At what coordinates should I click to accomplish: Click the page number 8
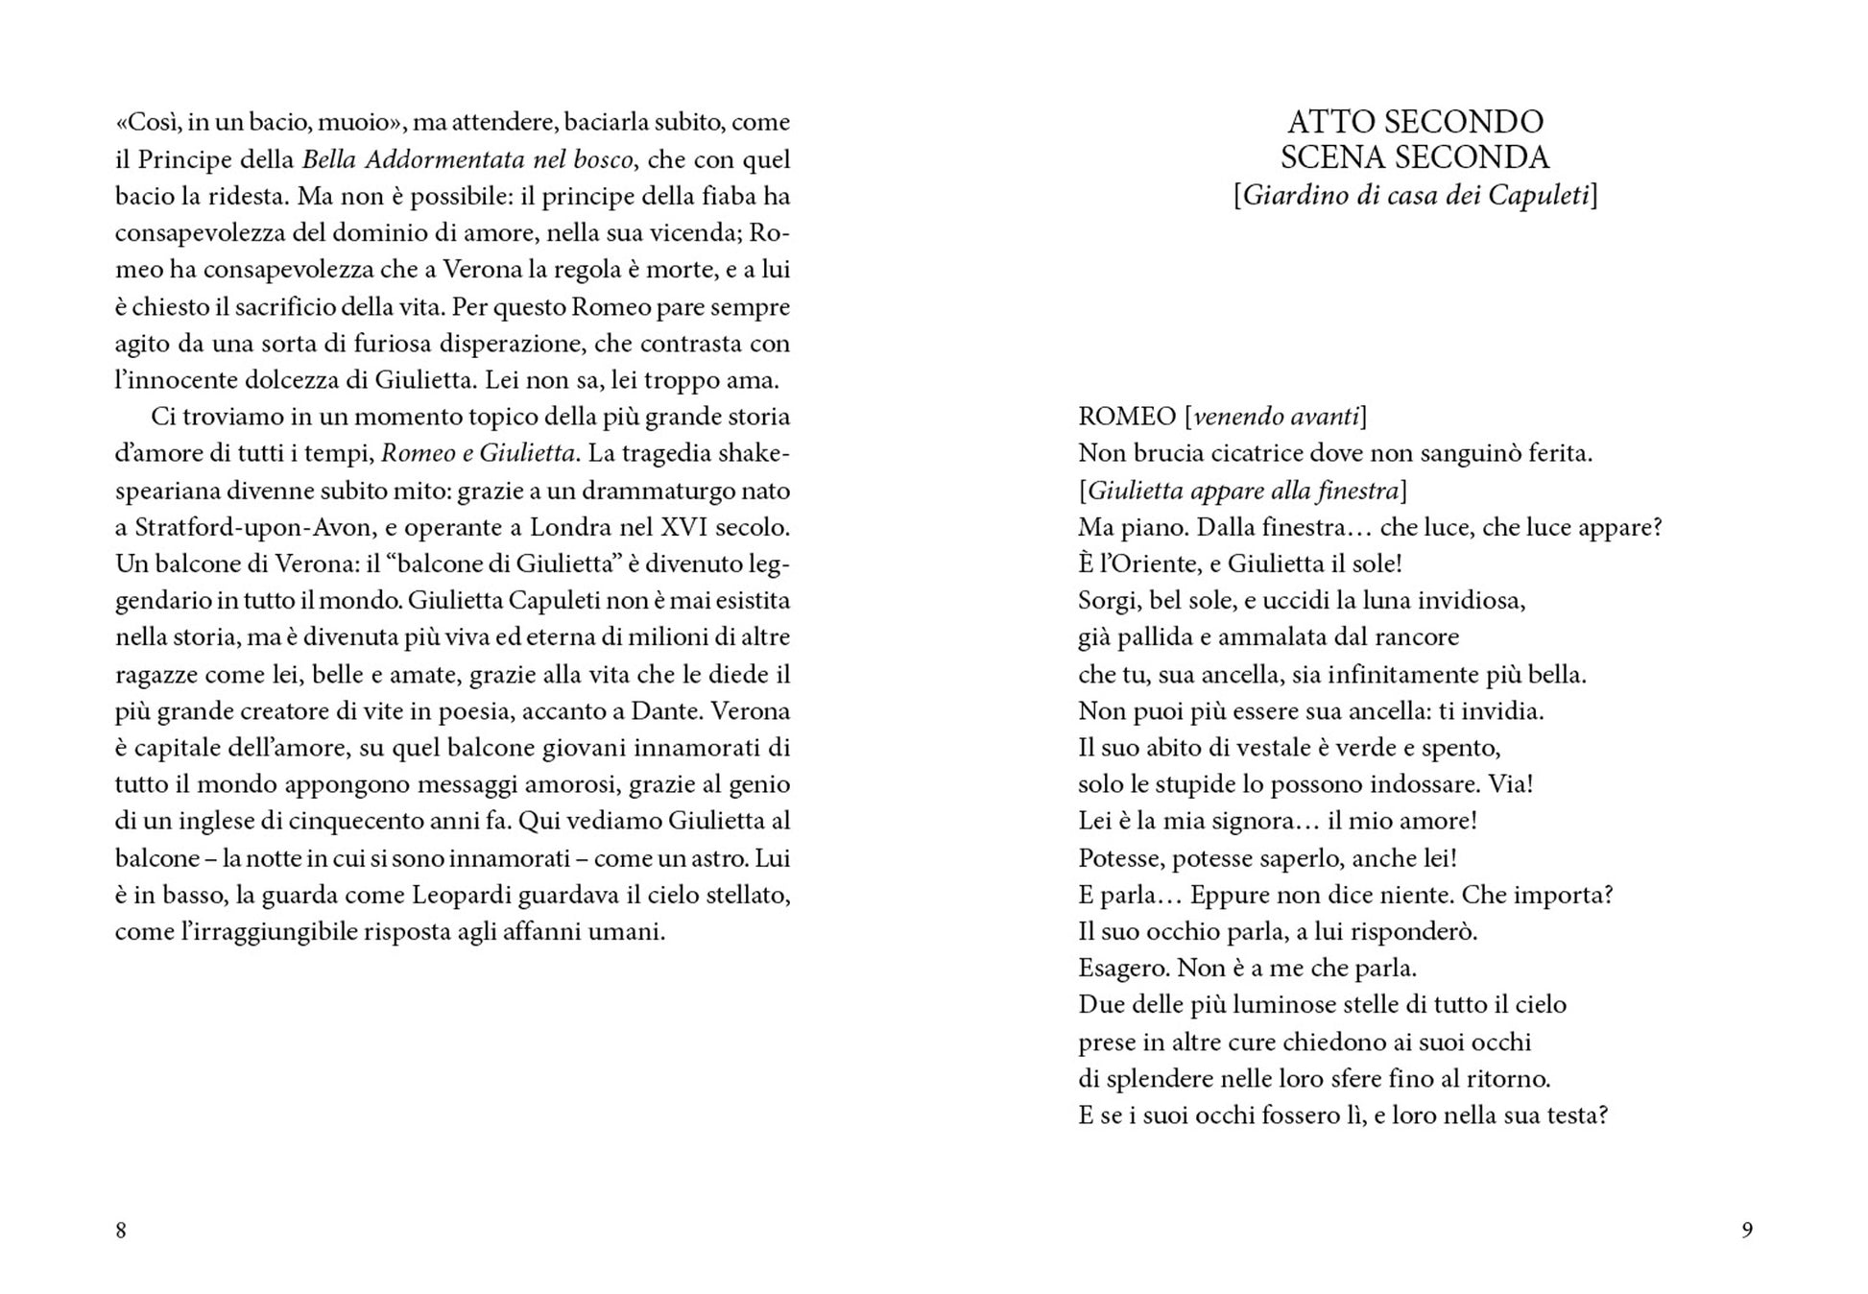[x=121, y=1230]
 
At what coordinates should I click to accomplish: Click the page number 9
[x=1747, y=1230]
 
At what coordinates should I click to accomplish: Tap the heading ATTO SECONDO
[x=1415, y=122]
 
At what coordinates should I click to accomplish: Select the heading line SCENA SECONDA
[x=1415, y=157]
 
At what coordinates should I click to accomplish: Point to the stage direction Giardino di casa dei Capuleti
[x=1415, y=196]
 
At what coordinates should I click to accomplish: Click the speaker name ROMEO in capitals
[x=1126, y=417]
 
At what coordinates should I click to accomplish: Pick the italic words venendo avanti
[x=1276, y=417]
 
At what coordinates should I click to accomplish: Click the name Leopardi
[x=465, y=896]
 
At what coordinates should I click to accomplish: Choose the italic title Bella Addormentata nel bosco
[x=467, y=159]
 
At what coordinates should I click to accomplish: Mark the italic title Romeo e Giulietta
[x=478, y=453]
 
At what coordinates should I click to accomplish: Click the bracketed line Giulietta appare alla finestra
[x=1243, y=491]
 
